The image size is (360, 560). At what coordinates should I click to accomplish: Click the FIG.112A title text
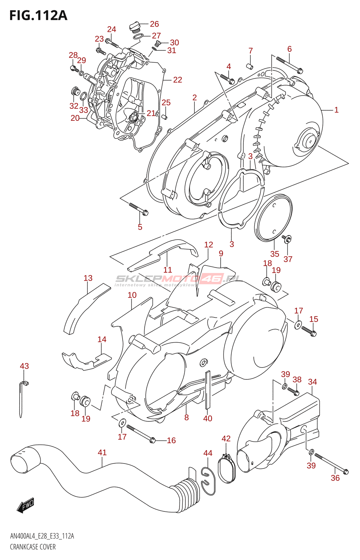38,15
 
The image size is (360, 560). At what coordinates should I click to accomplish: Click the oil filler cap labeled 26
134,26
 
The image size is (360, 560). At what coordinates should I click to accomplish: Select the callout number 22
178,80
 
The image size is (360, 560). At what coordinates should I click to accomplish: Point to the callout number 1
336,110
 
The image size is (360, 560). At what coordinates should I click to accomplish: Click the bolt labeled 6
289,65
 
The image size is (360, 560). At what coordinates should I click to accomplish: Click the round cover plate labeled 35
274,217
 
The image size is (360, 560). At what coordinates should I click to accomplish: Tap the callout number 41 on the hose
102,453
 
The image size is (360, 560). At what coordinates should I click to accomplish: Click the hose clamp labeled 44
208,481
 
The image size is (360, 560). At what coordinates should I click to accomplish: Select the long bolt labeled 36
331,463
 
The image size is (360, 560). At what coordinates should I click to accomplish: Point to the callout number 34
312,382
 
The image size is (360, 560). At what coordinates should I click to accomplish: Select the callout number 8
186,417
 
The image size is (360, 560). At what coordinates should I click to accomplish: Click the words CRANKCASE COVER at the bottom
33,547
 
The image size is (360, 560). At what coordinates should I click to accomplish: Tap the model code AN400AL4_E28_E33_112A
42,536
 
